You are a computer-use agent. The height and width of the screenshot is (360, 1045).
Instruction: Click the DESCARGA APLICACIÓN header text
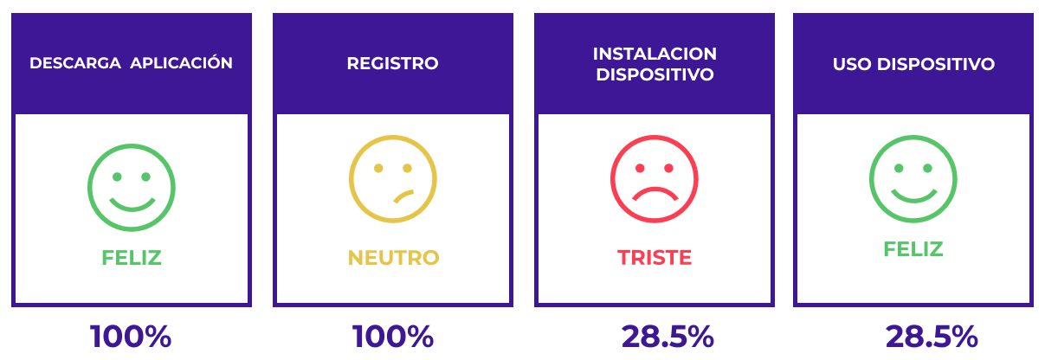(131, 63)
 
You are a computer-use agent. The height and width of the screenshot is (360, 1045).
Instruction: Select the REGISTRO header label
(392, 64)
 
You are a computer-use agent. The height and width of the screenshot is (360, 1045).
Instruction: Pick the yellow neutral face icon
(392, 178)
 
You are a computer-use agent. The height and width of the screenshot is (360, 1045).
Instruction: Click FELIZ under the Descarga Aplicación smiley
(132, 258)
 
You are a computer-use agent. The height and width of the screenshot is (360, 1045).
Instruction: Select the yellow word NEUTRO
(393, 258)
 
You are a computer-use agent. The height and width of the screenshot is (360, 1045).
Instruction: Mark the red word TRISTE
(655, 258)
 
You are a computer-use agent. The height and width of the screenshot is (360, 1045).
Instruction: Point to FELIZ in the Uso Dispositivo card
(913, 249)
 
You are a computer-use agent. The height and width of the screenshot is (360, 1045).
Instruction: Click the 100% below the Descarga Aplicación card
(131, 337)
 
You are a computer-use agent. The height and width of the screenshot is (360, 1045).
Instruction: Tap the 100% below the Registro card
(392, 337)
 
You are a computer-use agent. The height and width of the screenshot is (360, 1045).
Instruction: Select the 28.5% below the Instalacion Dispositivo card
(667, 337)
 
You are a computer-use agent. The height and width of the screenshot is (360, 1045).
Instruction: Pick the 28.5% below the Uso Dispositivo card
(931, 337)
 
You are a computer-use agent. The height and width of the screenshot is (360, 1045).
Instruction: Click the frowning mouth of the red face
(655, 193)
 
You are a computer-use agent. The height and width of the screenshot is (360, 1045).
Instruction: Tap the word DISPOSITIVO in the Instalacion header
(654, 74)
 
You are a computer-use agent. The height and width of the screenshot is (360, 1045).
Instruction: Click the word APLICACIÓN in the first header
(187, 63)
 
